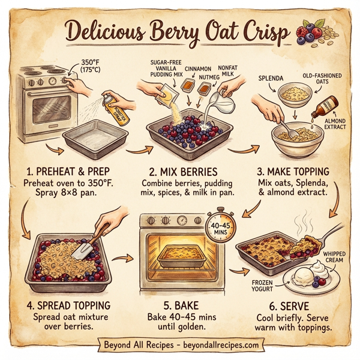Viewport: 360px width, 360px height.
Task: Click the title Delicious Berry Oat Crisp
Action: pyautogui.click(x=174, y=30)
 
